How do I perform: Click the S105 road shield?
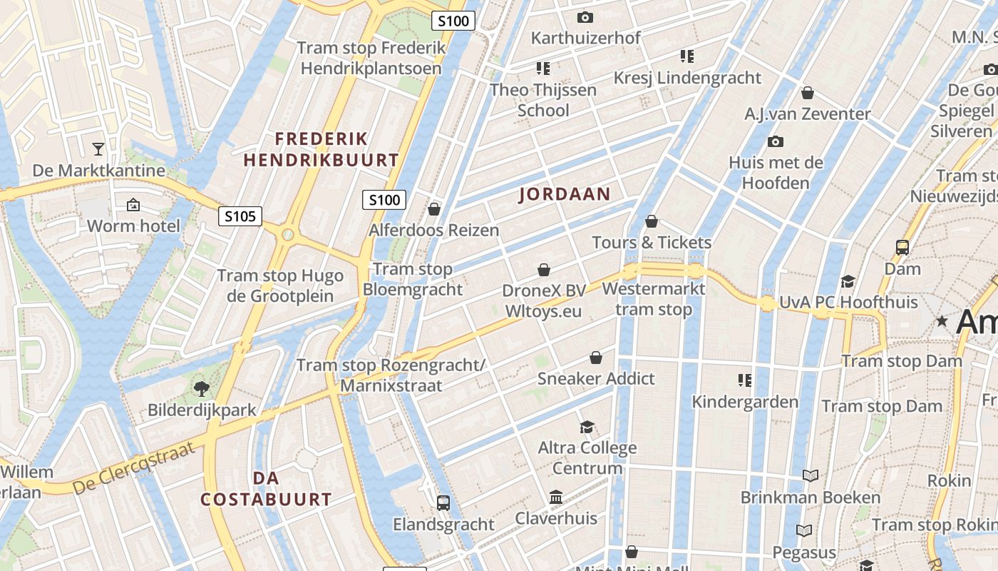coord(240,216)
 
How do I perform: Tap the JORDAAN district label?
coord(565,194)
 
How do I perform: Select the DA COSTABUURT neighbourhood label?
coord(266,489)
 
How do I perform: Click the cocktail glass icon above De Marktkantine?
coord(98,149)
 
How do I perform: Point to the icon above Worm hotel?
coord(133,206)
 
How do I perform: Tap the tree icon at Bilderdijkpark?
coord(202,389)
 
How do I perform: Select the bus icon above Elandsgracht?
coord(443,502)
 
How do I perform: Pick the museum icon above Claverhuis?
coord(556,497)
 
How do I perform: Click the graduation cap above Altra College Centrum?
coord(587,427)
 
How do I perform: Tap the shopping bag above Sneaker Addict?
coord(596,357)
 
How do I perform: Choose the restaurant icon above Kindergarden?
coord(745,380)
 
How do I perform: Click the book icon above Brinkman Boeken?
coord(810,475)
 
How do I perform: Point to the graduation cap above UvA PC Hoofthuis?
coord(848,281)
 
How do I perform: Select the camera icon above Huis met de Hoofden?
coord(776,141)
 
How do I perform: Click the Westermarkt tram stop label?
coord(654,299)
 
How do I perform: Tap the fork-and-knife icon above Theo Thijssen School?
coord(543,69)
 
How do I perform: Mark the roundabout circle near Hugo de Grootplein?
coord(288,234)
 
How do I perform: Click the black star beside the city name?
coord(942,321)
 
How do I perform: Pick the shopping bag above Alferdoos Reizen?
coord(433,209)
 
